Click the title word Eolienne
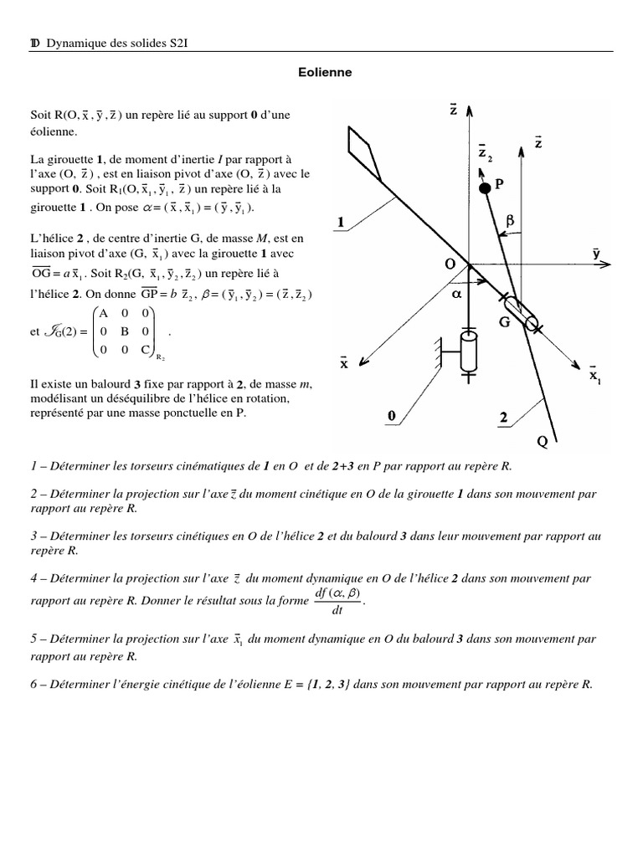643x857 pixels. [x=326, y=73]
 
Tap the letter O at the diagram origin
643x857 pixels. [x=450, y=264]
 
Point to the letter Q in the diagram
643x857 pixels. [x=543, y=443]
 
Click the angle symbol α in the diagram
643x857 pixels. [x=457, y=295]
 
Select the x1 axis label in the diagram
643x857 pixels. [x=594, y=375]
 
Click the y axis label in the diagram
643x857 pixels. [x=596, y=254]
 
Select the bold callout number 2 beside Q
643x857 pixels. [x=502, y=416]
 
